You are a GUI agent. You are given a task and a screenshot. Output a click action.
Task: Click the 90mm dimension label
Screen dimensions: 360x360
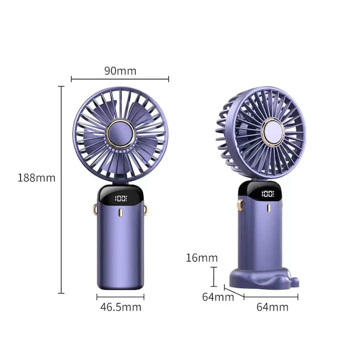[x=120, y=70]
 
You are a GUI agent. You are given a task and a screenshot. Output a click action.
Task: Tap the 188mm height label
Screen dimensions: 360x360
[x=36, y=178]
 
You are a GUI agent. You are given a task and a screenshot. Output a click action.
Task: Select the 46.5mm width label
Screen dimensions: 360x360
[x=121, y=307]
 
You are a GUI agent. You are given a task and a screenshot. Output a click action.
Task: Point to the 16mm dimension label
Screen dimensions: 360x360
[x=201, y=258]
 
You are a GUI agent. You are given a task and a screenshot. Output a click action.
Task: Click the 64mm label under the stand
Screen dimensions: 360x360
[x=272, y=307]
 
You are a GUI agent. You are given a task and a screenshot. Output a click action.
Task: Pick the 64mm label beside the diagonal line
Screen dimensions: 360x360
[x=218, y=297]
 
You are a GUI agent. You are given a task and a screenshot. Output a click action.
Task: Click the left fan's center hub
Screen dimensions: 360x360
[x=120, y=133]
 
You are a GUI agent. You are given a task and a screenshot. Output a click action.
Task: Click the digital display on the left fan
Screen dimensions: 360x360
[x=121, y=198]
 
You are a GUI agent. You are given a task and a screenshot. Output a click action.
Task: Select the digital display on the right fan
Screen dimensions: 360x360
[x=268, y=193]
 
